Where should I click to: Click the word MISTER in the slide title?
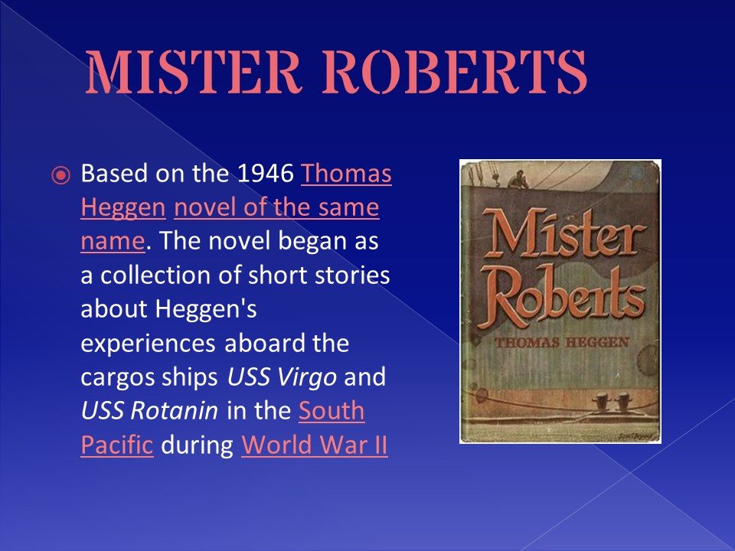click(x=193, y=71)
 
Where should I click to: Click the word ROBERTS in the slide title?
click(x=455, y=71)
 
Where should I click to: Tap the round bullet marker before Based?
click(x=60, y=176)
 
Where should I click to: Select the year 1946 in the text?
click(x=266, y=174)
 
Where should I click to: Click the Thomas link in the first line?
click(x=346, y=174)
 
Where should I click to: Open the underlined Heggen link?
click(x=123, y=207)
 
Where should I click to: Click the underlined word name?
click(x=113, y=241)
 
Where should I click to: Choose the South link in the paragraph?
click(x=332, y=411)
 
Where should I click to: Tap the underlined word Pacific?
click(x=117, y=445)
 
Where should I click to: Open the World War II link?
click(x=315, y=445)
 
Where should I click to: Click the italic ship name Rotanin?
click(x=175, y=411)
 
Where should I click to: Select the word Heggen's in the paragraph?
click(x=206, y=309)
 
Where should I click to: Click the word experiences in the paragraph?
click(x=148, y=344)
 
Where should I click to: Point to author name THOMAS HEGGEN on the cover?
click(x=561, y=343)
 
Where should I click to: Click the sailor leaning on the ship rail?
click(x=518, y=179)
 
